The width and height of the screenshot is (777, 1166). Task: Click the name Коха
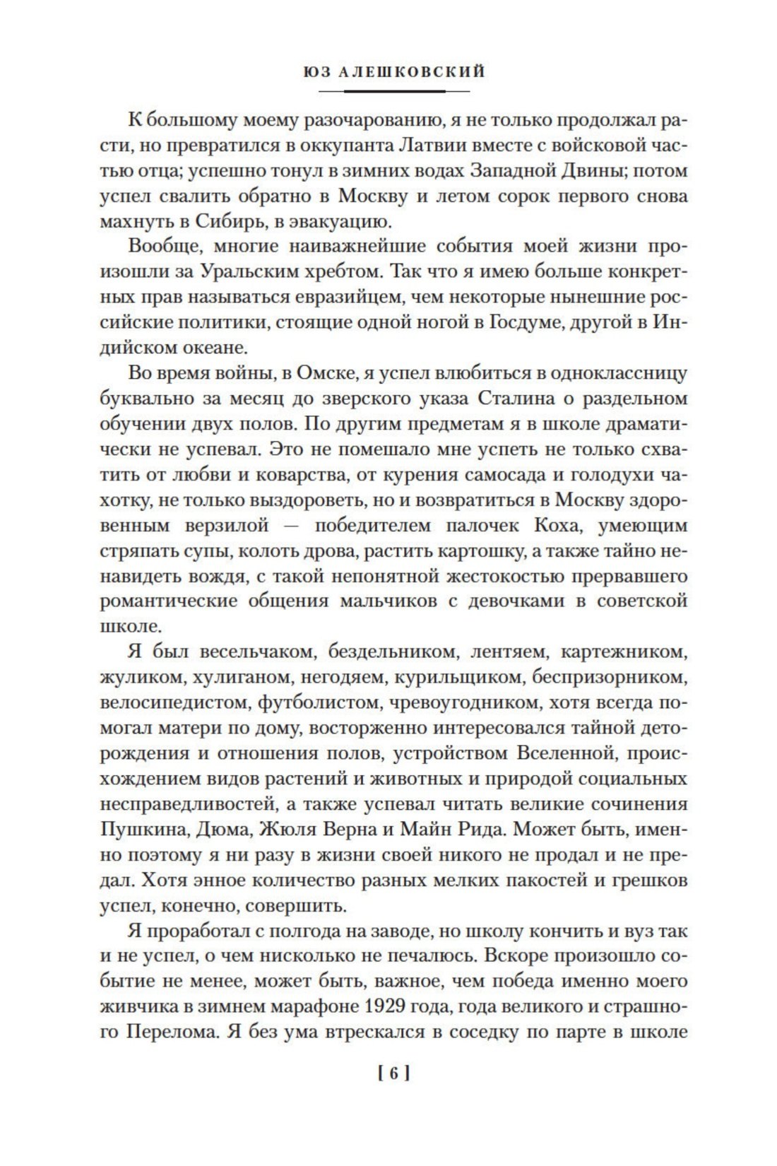click(561, 525)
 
